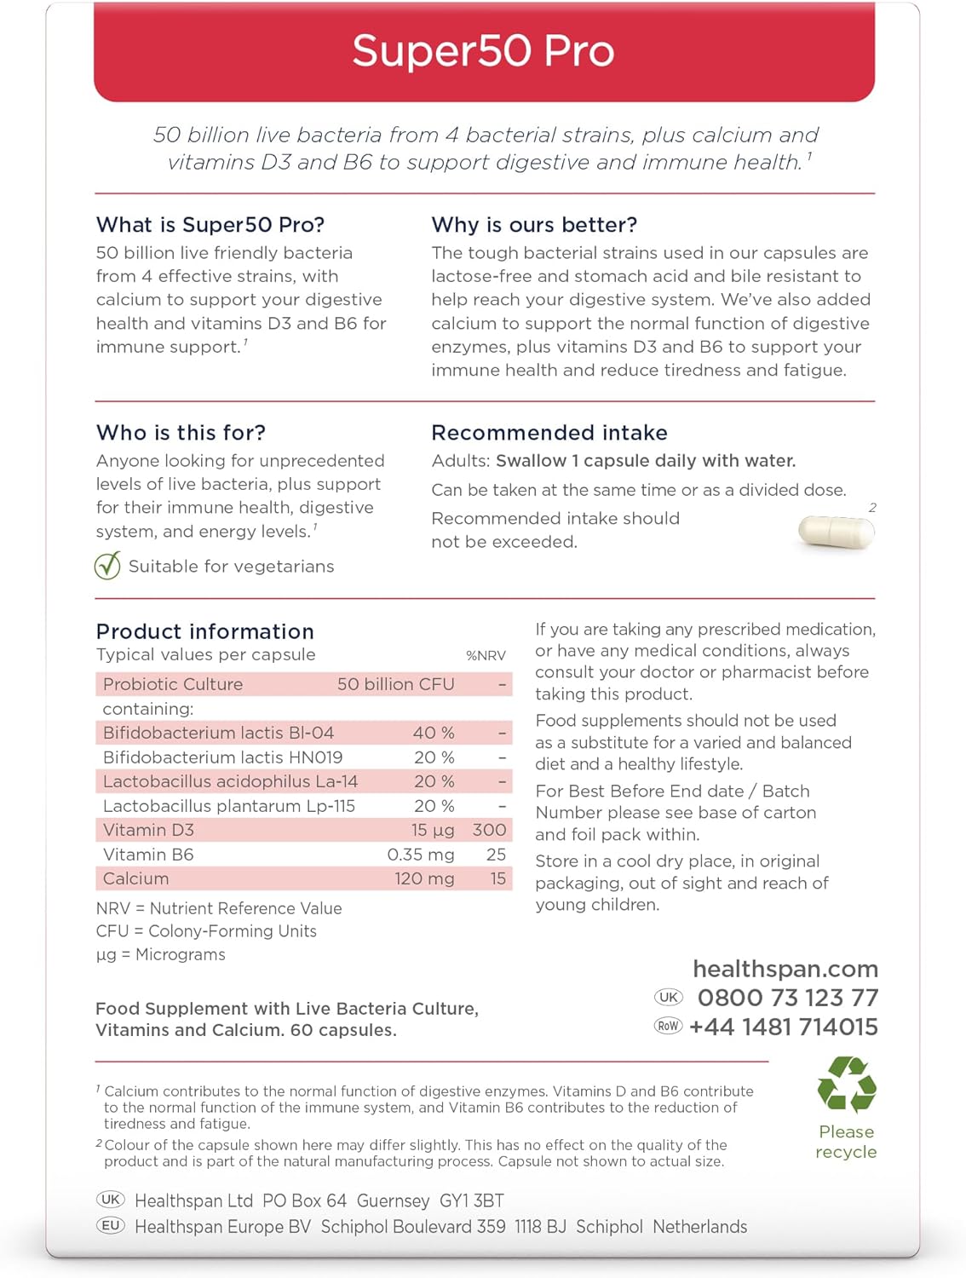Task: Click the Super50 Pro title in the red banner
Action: point(483,51)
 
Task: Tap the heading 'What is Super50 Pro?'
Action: point(210,225)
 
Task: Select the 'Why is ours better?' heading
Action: point(534,225)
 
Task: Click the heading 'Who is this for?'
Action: point(181,433)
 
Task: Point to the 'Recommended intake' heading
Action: point(549,433)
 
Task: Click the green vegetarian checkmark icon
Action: point(107,565)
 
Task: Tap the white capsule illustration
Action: point(836,532)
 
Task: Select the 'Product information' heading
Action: point(205,631)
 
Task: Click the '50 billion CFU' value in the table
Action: point(395,684)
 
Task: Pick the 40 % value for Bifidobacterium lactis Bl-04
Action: point(434,733)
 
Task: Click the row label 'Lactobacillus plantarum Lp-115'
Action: point(229,806)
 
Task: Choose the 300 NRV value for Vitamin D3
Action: point(489,830)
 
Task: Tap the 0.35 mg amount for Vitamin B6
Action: point(420,855)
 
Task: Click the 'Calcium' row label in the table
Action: point(136,878)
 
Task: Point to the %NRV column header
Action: point(486,655)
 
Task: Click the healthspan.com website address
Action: point(785,969)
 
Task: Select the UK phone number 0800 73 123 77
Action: point(788,998)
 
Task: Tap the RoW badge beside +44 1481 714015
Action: point(669,1026)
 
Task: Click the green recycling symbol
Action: point(846,1085)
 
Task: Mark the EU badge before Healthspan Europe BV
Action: point(111,1226)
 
